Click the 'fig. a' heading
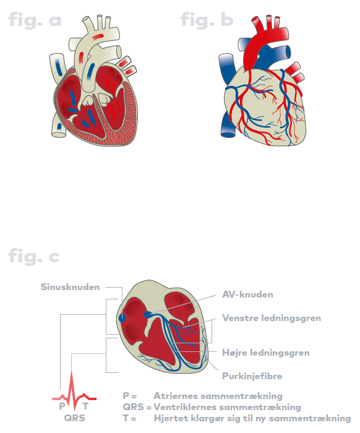35,20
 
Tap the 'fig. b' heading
207,20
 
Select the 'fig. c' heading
34,256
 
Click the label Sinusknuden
70,287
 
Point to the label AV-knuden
247,294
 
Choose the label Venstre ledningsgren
272,318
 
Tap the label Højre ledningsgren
266,353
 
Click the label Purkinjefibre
252,376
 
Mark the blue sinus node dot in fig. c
122,318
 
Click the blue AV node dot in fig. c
148,314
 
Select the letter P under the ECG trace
62,406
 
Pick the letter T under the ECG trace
85,406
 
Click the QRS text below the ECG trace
75,418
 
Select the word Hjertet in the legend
170,418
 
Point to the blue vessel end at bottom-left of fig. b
228,135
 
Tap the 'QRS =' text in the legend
137,407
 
